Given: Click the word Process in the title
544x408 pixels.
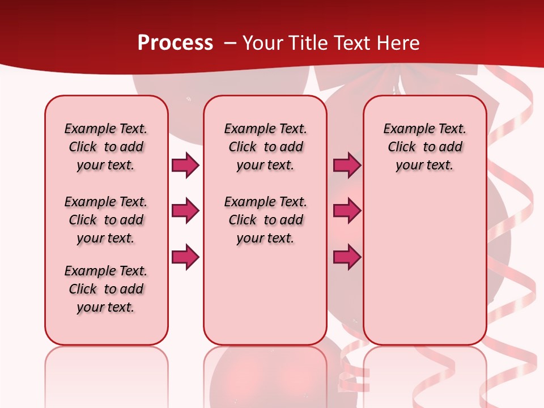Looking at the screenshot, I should click(175, 43).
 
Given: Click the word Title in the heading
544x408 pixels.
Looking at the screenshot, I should click(306, 43).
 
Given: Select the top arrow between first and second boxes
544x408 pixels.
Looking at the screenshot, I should click(185, 165).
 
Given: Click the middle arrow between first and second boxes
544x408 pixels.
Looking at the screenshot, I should click(185, 211).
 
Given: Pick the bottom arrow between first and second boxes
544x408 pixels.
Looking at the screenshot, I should click(185, 257).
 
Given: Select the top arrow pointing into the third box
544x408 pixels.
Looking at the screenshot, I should click(347, 165).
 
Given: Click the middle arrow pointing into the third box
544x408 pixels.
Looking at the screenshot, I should click(347, 211).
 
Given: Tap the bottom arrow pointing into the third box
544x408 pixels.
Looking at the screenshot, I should click(347, 257).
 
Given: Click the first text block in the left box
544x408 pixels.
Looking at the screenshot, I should click(106, 147).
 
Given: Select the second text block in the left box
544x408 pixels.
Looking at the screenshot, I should click(106, 220).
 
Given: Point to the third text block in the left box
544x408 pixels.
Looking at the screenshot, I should click(106, 289).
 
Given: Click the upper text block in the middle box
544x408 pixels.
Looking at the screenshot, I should click(265, 147).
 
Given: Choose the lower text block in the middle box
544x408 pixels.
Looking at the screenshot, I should click(265, 220).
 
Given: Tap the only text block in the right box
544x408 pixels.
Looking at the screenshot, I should click(424, 147).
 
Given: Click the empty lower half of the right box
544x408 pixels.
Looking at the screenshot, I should click(424, 272).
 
